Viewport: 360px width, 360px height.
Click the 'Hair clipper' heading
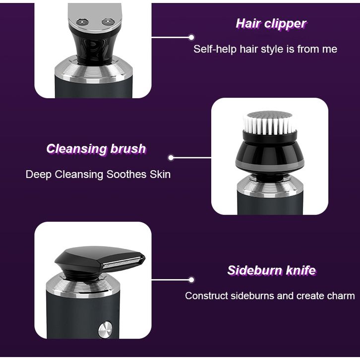coord(271,24)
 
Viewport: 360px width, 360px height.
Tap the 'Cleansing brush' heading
coord(96,149)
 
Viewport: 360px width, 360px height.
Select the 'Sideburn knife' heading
coord(272,270)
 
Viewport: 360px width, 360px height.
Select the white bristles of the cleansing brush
coord(270,123)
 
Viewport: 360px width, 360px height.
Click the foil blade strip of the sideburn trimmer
coord(123,262)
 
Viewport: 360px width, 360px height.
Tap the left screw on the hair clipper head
coord(82,22)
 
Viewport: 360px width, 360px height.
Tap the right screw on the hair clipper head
coord(108,22)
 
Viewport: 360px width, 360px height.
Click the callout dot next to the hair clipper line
coord(191,37)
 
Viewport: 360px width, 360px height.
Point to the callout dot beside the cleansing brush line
coord(171,158)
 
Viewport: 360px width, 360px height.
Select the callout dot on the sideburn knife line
coord(191,280)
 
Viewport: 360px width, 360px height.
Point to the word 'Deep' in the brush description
coord(39,175)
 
